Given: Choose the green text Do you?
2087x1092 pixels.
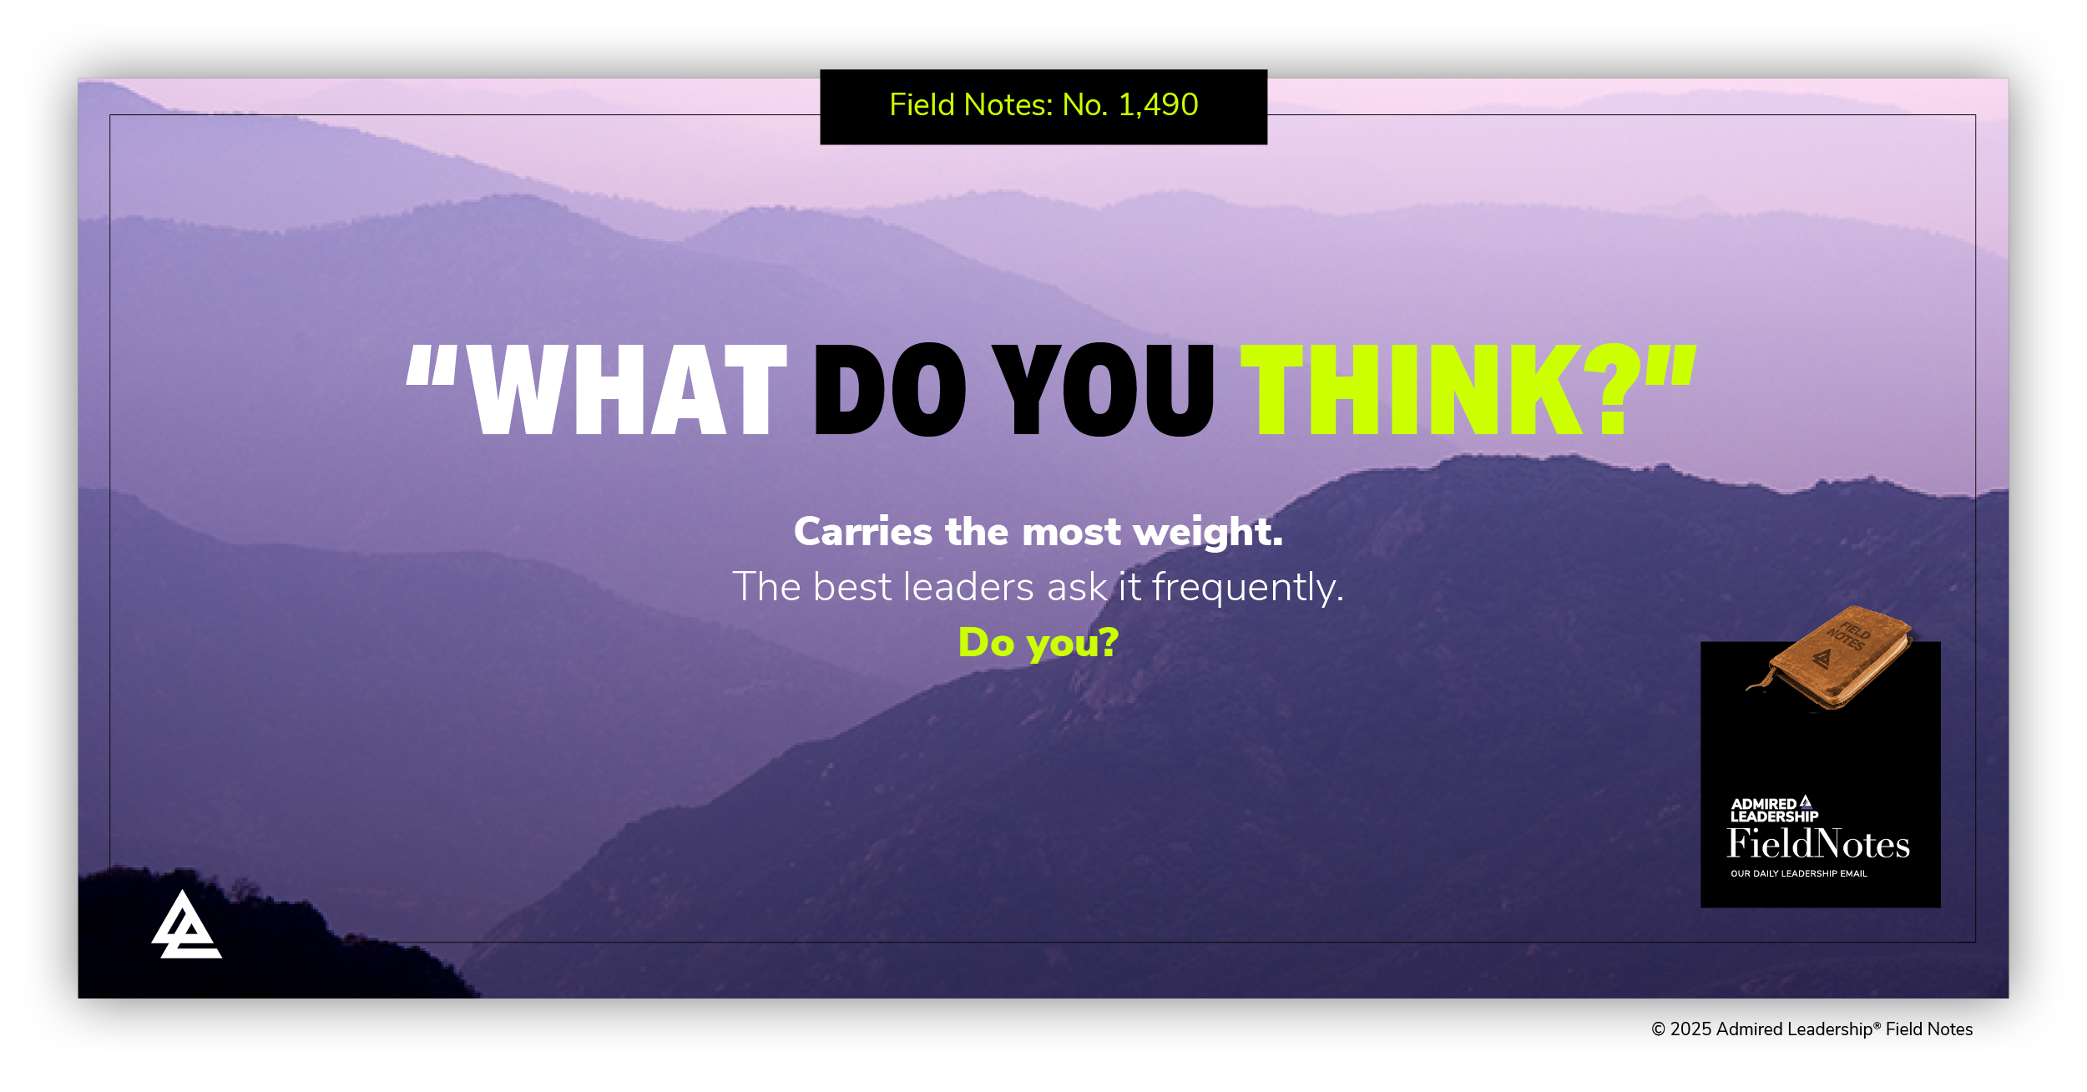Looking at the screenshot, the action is tap(1038, 644).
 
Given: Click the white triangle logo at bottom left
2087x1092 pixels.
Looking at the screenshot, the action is tap(186, 925).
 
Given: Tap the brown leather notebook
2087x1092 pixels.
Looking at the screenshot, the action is tap(1829, 659).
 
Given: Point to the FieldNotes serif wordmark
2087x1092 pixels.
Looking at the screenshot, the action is tap(1819, 844).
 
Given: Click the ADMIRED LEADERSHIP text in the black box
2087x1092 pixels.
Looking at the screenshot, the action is tap(1774, 810).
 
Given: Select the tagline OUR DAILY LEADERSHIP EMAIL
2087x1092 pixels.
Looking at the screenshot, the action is tap(1799, 874).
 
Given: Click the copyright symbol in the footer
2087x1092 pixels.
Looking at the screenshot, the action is tap(1659, 1030).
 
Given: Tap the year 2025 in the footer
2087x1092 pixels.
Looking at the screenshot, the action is tap(1690, 1030).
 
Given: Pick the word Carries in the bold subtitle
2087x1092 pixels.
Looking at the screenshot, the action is tap(863, 533).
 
